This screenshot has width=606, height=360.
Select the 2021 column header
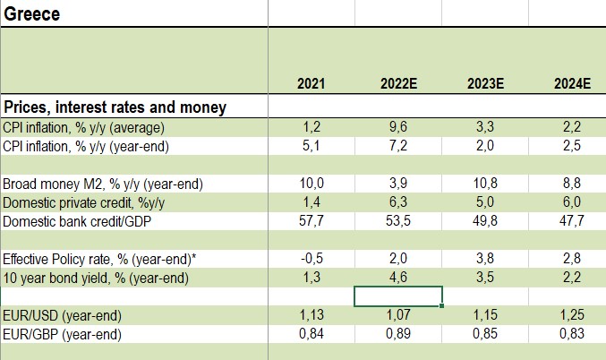311,85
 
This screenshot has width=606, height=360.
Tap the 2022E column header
397,85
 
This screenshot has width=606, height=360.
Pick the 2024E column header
572,85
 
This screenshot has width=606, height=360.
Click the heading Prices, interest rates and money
115,107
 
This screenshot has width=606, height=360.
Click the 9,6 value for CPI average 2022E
397,127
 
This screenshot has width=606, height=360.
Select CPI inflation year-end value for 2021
311,145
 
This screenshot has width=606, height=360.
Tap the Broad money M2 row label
103,184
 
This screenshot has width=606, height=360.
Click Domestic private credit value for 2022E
397,202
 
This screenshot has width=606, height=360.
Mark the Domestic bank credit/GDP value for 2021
311,221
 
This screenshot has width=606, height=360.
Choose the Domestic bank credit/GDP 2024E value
572,221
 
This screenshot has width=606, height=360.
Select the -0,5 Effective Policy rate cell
311,260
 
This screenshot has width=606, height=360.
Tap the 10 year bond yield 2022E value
397,278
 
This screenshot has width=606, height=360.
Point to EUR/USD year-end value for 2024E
572,316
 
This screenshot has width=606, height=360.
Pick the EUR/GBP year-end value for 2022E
397,334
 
